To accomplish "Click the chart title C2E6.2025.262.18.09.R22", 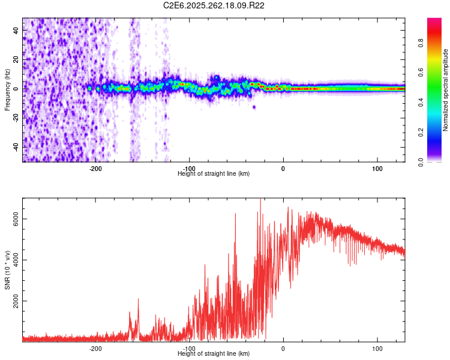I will pos(214,5).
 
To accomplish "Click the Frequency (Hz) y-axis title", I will pos(7,90).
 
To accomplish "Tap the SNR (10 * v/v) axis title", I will pos(7,269).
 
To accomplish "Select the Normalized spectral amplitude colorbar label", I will pos(445,90).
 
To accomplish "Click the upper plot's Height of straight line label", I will pos(214,173).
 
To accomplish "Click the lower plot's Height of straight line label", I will pos(214,353).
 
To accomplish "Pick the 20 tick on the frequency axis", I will pos(16,59).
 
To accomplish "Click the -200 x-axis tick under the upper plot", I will pos(95,168).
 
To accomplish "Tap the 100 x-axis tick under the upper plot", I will pos(377,168).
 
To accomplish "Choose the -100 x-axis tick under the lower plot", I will pos(190,348).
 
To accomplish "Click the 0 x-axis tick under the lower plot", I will pos(283,348).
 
